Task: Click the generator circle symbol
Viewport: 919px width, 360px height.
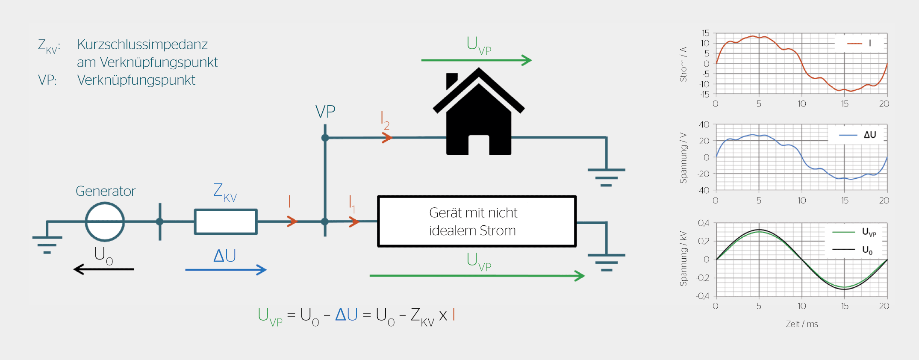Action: pos(105,222)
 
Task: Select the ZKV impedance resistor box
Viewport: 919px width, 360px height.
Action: pos(226,222)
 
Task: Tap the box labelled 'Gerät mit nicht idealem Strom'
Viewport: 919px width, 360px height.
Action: pos(477,221)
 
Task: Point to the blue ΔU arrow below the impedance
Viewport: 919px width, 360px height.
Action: pos(226,270)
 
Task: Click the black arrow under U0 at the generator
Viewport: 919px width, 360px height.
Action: pos(104,269)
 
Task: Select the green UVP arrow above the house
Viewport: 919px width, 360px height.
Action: pos(476,60)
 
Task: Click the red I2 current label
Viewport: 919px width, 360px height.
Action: pos(385,120)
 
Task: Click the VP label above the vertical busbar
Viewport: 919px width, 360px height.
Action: pos(325,112)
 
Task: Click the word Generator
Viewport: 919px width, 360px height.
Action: pos(106,191)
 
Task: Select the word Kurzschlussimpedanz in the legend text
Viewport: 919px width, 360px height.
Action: pos(142,44)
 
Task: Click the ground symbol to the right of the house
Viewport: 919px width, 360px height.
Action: pos(606,176)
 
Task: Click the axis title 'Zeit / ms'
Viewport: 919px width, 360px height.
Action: pos(802,324)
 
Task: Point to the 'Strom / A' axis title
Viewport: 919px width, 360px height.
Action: pos(683,64)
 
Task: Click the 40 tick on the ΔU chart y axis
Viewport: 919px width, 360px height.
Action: pos(704,125)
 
